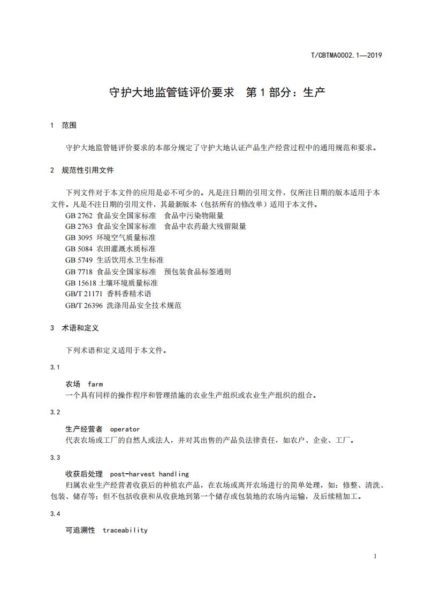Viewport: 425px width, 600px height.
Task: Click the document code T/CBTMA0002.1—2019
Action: coord(346,55)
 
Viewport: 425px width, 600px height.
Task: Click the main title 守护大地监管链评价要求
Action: coord(172,92)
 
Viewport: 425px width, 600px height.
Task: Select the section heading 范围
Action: coord(69,126)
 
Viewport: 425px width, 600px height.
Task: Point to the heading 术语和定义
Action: coord(80,328)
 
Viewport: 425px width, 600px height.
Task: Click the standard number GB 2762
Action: coord(79,216)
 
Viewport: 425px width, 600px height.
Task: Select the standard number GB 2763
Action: coord(79,226)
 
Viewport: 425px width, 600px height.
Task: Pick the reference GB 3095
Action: coord(79,237)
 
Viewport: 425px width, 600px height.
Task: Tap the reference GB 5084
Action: coord(79,249)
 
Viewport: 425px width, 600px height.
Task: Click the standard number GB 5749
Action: coord(79,260)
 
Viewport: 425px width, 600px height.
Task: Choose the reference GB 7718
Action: coord(79,272)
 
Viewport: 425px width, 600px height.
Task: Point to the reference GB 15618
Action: coord(81,283)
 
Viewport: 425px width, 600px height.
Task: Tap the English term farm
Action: coord(95,384)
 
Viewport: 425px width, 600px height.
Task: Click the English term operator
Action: coord(125,429)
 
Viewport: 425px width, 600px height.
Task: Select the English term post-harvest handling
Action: coord(149,474)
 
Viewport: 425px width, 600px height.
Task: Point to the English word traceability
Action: coord(125,530)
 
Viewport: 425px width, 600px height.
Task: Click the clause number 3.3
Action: coord(55,458)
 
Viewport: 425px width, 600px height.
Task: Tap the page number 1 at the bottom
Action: coord(375,556)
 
